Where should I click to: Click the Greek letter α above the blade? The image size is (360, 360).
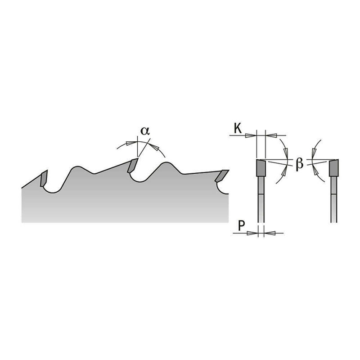pyautogui.click(x=145, y=131)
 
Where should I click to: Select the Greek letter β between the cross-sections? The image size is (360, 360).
pyautogui.click(x=299, y=164)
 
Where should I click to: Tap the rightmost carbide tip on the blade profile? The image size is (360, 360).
pyautogui.click(x=222, y=176)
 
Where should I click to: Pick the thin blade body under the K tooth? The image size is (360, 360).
pyautogui.click(x=261, y=198)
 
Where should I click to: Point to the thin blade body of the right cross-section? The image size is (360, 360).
pyautogui.click(x=333, y=198)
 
